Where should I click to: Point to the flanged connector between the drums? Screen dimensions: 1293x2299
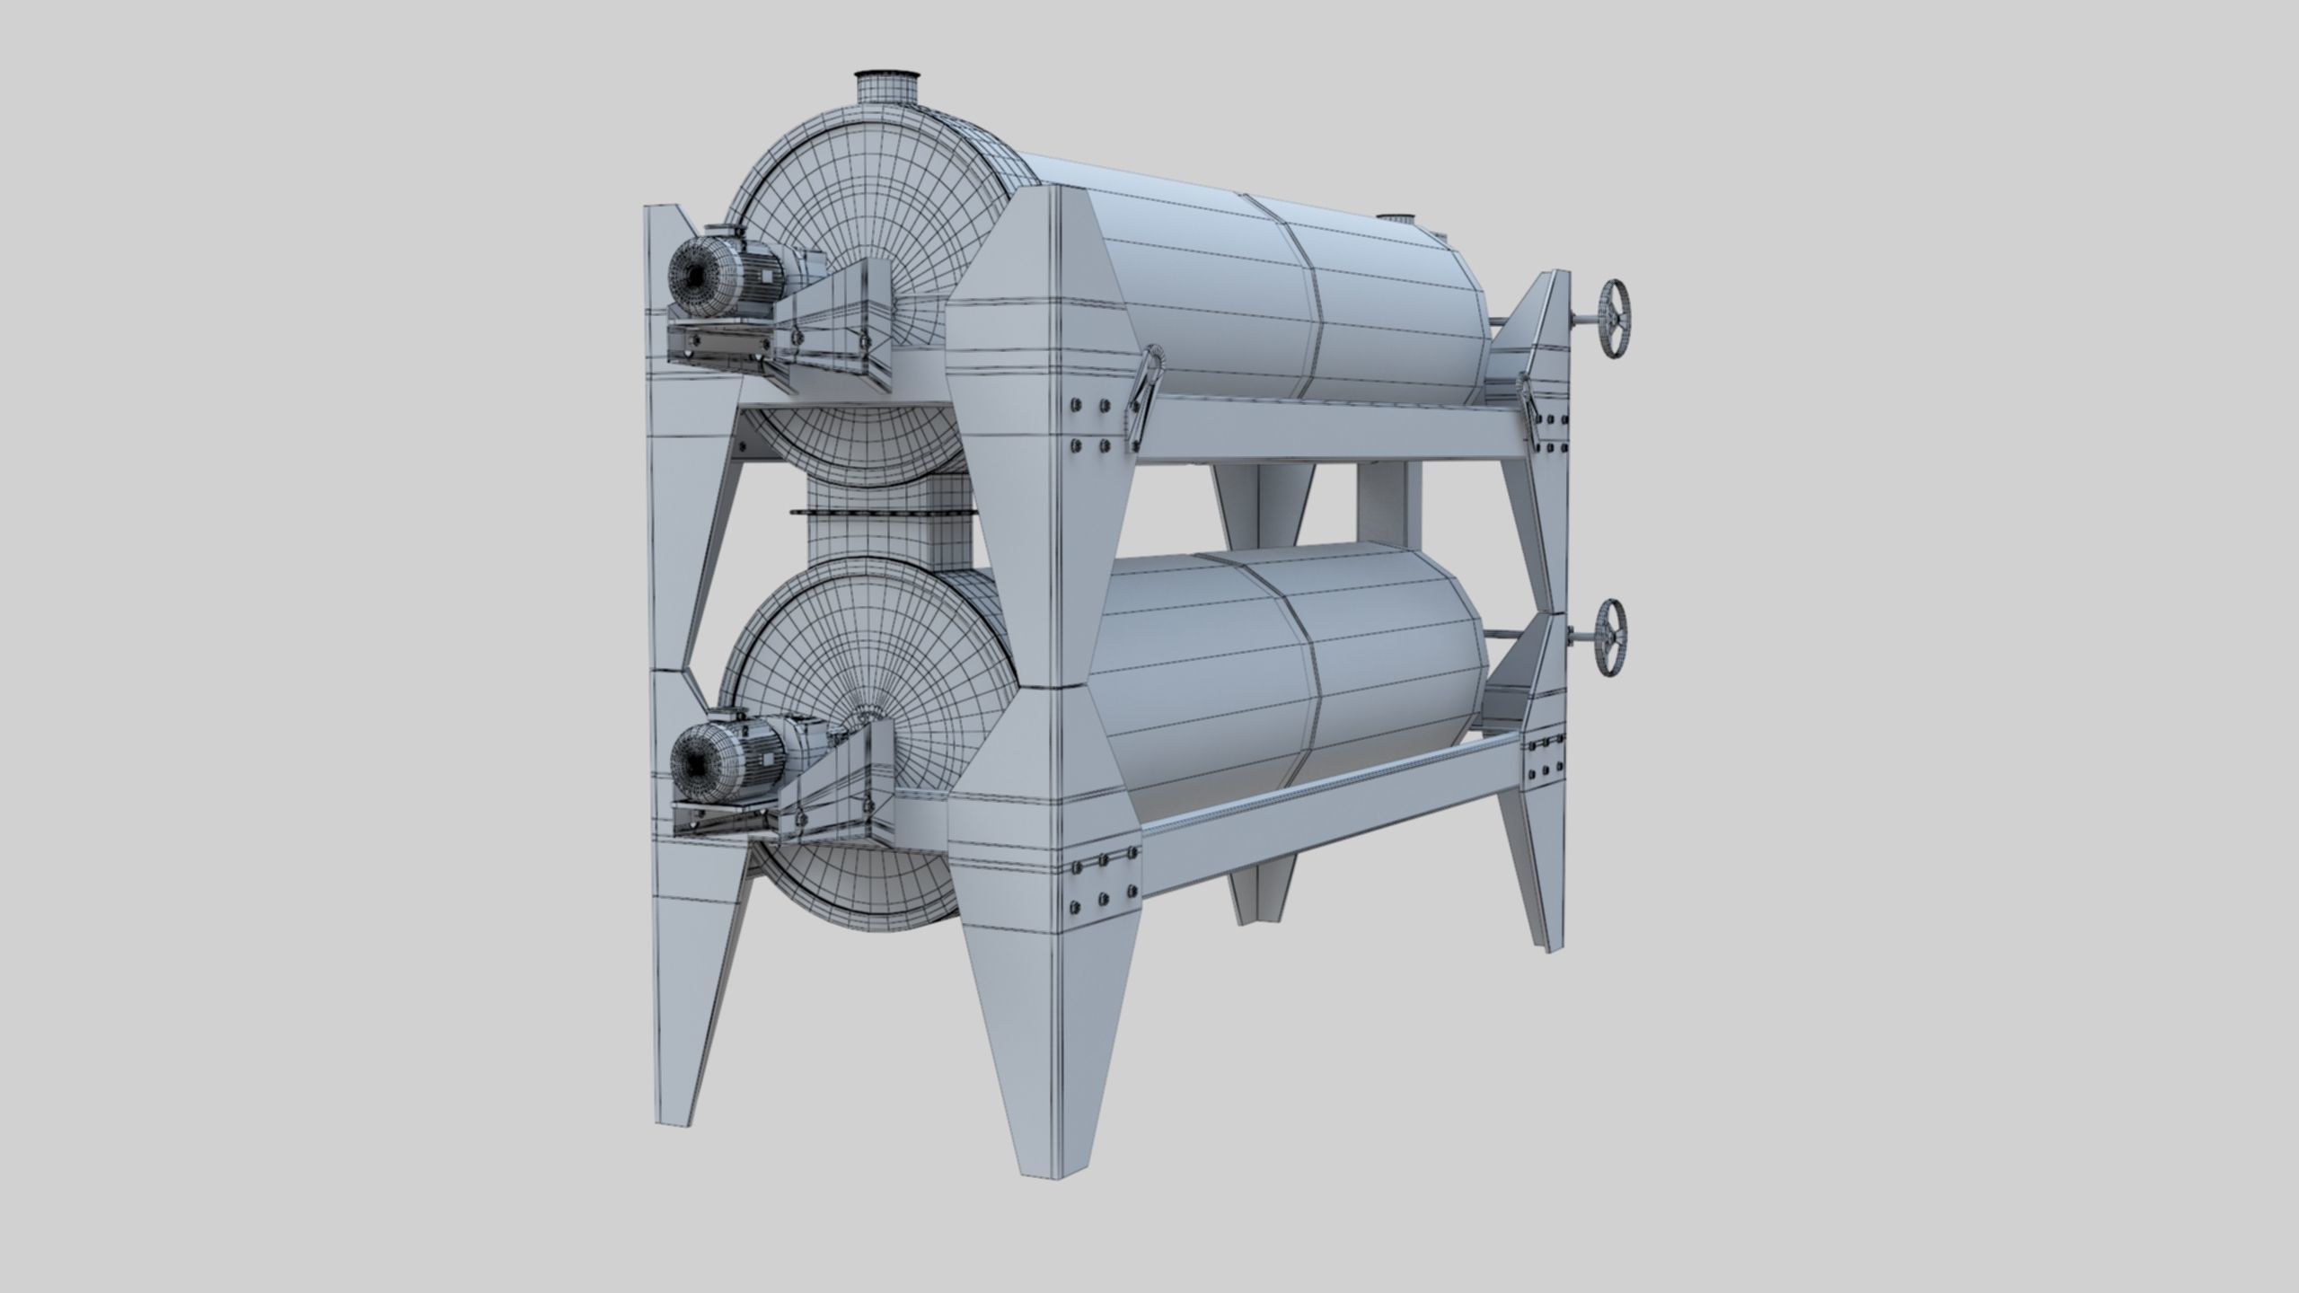[x=844, y=514]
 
